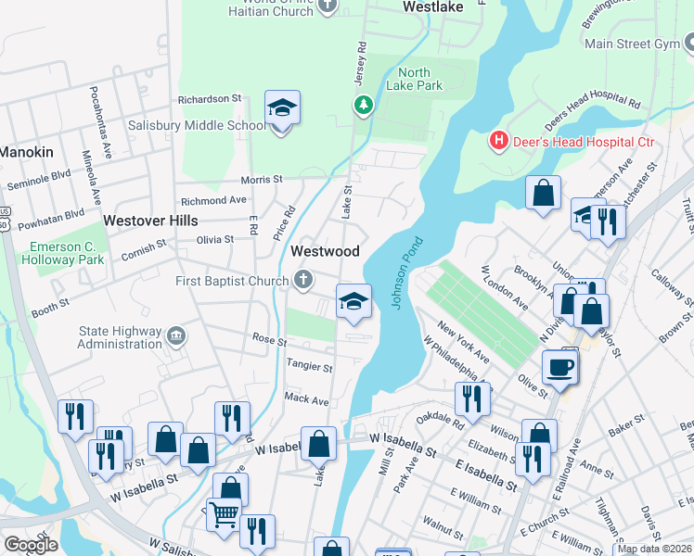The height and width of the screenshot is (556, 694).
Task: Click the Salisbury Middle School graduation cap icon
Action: (x=282, y=109)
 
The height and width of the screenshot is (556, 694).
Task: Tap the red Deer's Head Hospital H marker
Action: (x=499, y=141)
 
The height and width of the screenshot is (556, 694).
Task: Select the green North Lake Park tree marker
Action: (x=363, y=105)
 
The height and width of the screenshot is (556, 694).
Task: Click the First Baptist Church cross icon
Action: (x=303, y=279)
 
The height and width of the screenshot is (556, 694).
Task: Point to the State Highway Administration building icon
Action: (x=176, y=335)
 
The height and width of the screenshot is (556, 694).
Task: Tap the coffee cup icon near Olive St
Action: (x=559, y=367)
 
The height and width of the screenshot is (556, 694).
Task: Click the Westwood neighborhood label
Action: (x=325, y=251)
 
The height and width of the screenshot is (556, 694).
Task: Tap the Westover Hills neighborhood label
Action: (x=150, y=221)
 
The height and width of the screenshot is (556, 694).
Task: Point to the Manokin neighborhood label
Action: (x=26, y=151)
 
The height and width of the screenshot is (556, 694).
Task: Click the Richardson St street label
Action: (x=209, y=97)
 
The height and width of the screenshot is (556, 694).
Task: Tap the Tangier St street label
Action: (x=309, y=367)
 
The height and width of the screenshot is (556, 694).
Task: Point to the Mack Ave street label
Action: (x=306, y=400)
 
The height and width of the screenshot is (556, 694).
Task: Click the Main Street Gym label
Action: (x=632, y=44)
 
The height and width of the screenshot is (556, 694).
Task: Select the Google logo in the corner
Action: (x=31, y=545)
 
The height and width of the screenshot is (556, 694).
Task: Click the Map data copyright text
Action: (x=653, y=550)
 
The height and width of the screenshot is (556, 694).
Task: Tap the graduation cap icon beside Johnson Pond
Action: (x=353, y=301)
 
